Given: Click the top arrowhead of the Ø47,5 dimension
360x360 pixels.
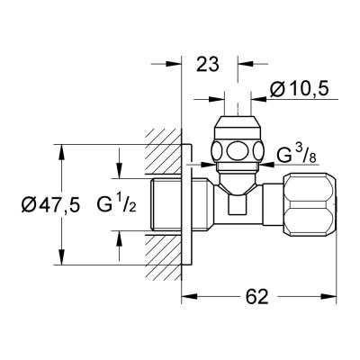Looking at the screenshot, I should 63,149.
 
